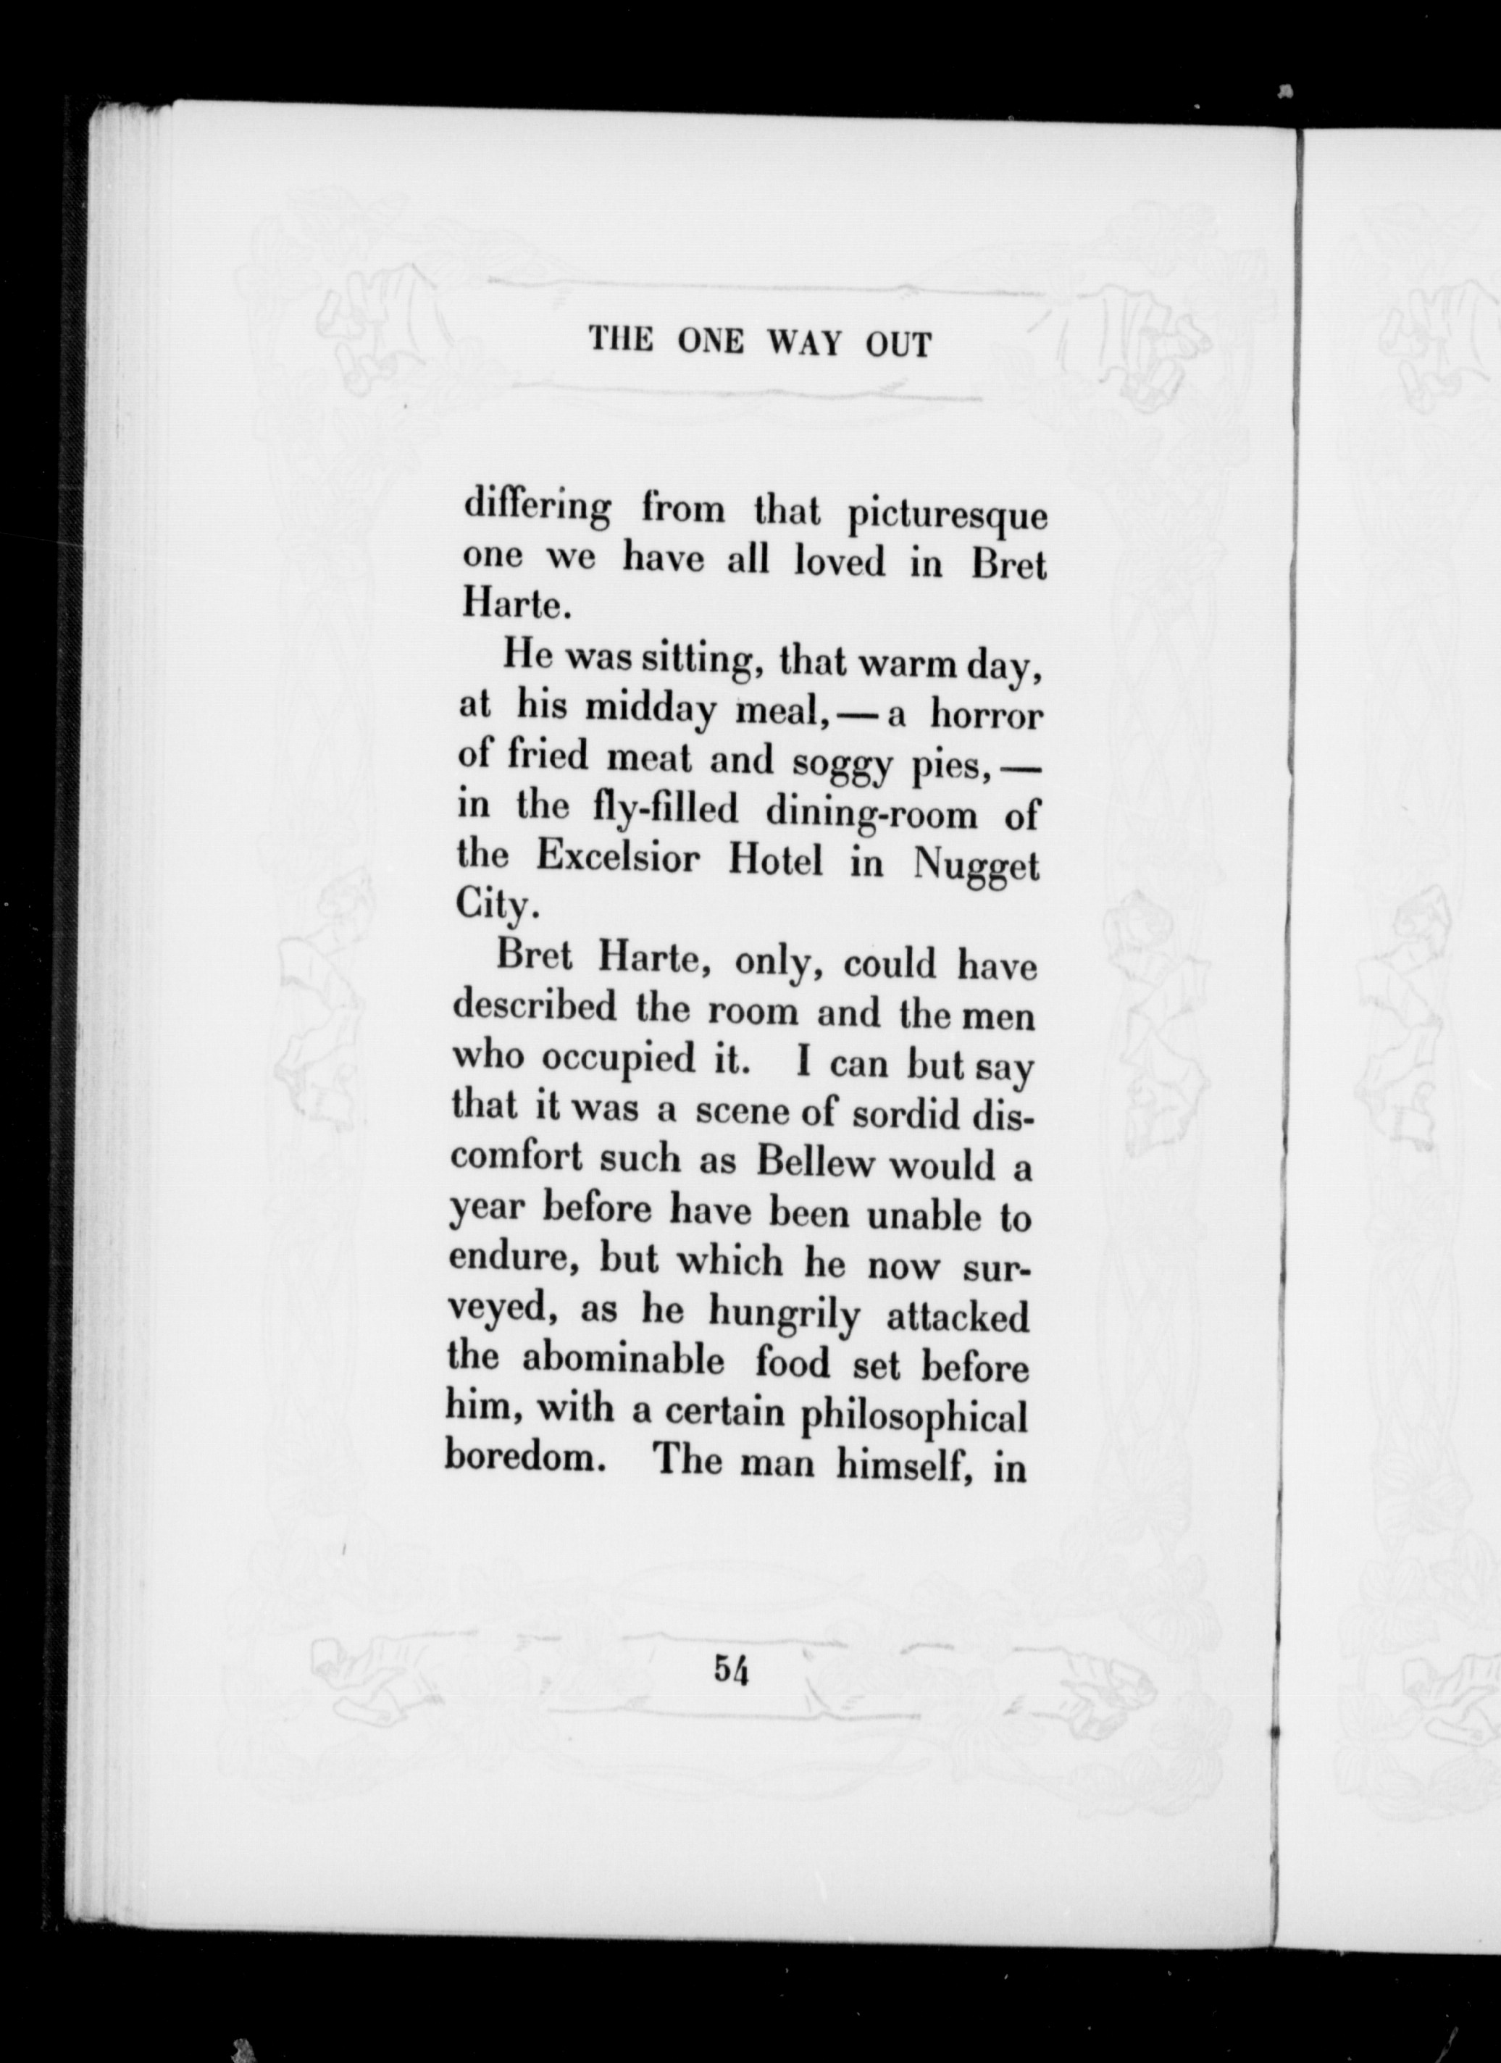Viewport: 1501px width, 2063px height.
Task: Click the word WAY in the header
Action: tap(805, 344)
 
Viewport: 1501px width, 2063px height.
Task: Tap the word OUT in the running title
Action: tap(899, 345)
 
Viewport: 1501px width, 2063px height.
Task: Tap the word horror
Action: tap(985, 716)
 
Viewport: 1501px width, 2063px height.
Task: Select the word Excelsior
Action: tap(616, 857)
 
